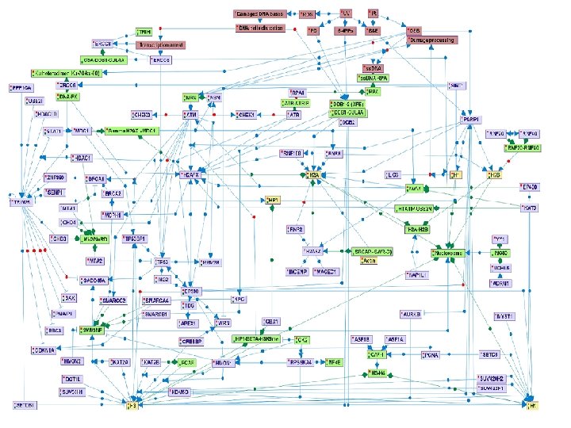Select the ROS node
[308, 14]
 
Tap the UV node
[346, 14]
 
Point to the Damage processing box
[433, 39]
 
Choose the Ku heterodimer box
[66, 73]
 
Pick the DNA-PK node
[68, 96]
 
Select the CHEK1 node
[247, 115]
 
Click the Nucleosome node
[446, 252]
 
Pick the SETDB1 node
[25, 405]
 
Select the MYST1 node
[505, 315]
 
